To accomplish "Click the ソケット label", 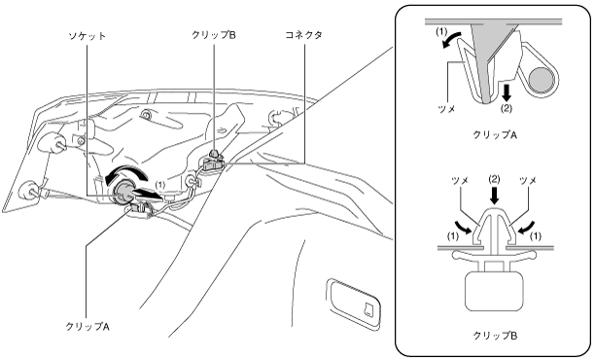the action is [x=87, y=36].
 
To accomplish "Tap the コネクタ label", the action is [x=303, y=35].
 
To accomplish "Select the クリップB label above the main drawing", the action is [x=214, y=35].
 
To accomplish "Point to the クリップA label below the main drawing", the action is [x=87, y=326].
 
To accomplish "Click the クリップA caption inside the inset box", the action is [x=495, y=134].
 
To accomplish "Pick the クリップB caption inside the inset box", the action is [x=495, y=336].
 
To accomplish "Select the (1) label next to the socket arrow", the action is [x=160, y=185].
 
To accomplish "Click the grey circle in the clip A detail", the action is [x=542, y=79].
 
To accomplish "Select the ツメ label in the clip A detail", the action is [x=446, y=109].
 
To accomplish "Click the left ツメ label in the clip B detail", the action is [x=460, y=181].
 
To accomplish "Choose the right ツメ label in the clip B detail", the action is [x=528, y=181].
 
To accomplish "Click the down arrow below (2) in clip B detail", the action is [x=494, y=197].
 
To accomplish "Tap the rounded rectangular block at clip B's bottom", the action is [x=495, y=291].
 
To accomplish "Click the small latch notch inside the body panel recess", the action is [x=368, y=308].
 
